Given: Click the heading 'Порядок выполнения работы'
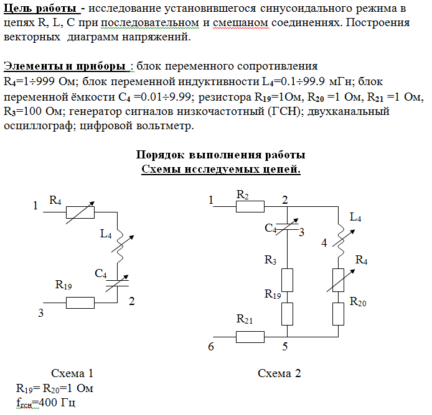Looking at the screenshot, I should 220,155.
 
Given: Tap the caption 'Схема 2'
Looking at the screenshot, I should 279,373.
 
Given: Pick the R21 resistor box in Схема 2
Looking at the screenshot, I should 250,337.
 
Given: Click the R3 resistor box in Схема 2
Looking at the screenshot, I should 287,280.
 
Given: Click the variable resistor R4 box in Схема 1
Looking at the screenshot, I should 80,212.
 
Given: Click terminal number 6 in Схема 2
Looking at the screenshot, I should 211,347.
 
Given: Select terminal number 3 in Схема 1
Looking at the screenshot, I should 41,313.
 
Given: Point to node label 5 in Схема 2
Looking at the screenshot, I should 284,347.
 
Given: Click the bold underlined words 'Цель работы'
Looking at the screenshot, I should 35,9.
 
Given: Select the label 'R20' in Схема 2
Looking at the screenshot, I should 359,302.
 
